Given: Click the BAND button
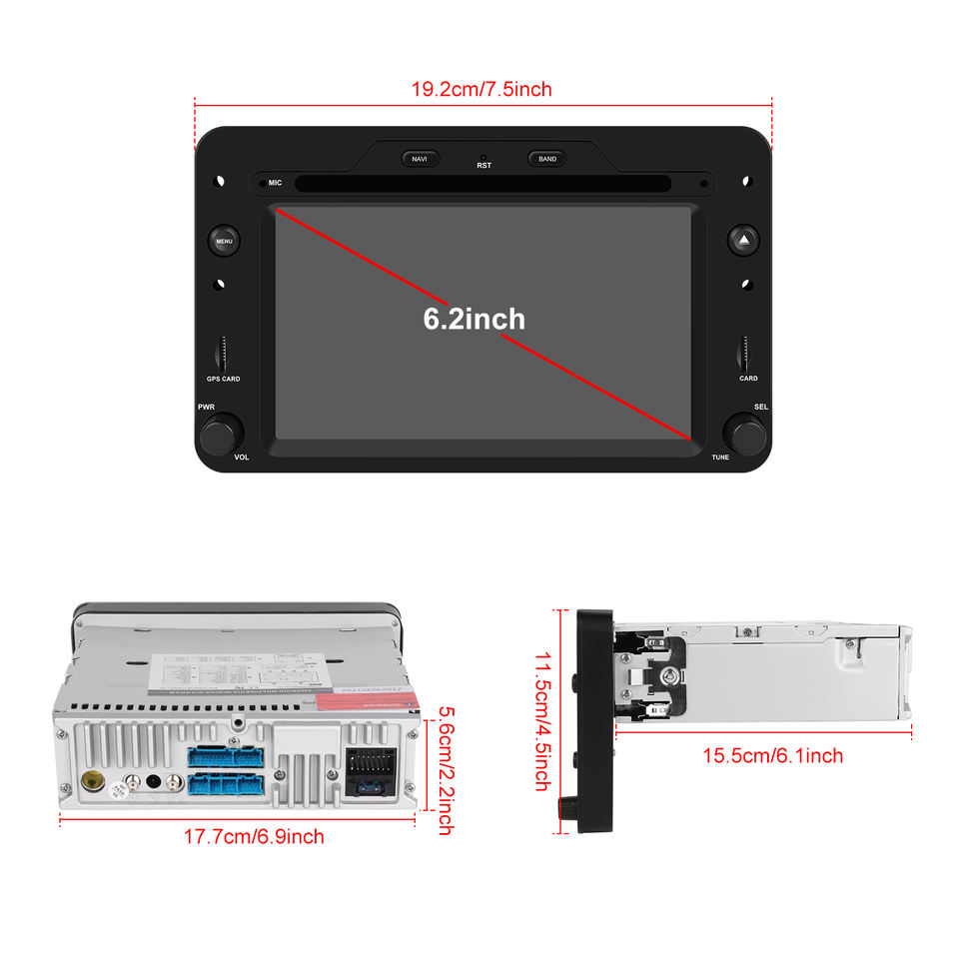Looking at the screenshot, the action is pos(547,159).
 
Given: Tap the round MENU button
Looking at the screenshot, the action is pos(224,241).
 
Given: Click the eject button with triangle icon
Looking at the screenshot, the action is pos(744,240).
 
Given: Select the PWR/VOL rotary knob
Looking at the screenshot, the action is pos(221,435).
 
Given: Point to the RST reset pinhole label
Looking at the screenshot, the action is pos(483,165).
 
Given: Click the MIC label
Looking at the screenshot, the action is pos(275,184).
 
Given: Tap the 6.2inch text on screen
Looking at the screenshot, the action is pos(474,319).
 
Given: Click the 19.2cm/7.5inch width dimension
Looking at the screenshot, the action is pos(481,89).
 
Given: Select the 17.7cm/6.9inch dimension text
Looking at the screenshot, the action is pos(254,836).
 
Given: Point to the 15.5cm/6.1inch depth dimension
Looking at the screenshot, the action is pos(772,755).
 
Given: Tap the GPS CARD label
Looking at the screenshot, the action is pos(223,380).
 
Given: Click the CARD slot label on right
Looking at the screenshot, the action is pos(748,379).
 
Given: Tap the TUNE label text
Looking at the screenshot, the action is pos(720,457).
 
